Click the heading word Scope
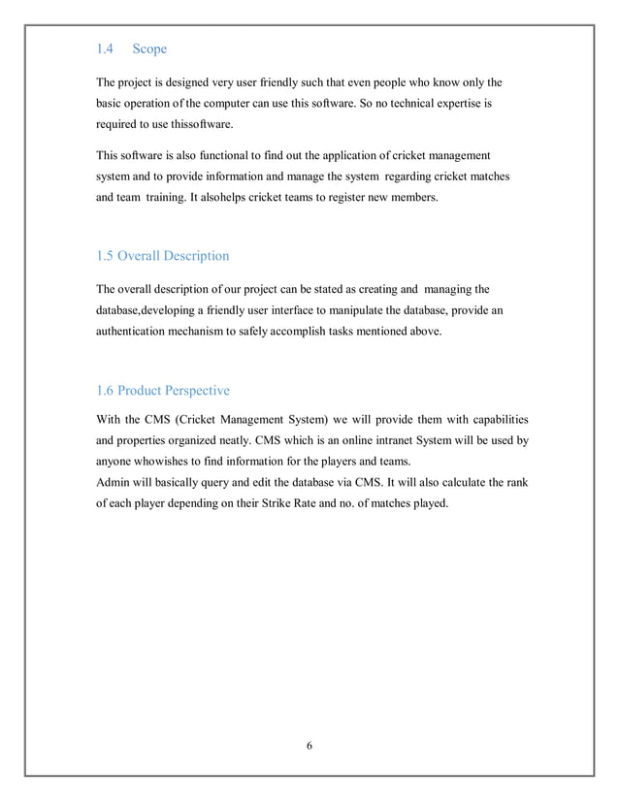[x=150, y=48]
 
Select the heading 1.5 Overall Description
[x=163, y=256]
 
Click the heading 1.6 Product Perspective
[x=163, y=391]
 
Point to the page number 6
[x=309, y=747]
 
